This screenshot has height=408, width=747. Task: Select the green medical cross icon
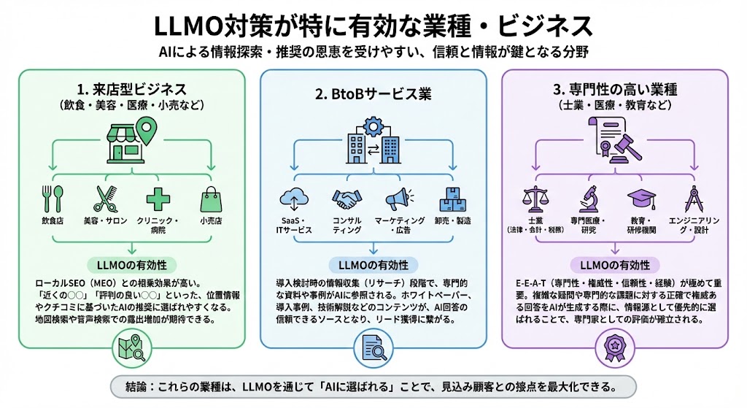click(x=158, y=199)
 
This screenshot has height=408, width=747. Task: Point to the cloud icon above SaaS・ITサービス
click(x=294, y=199)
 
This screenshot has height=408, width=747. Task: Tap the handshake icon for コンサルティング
click(x=347, y=199)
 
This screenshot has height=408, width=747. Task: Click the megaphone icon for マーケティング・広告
click(x=399, y=199)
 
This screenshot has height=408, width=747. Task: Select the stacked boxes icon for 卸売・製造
click(x=451, y=199)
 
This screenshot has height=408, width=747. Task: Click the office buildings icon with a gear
click(x=373, y=140)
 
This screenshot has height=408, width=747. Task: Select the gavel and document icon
click(x=611, y=140)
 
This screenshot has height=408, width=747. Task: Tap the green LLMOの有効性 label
click(x=132, y=263)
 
